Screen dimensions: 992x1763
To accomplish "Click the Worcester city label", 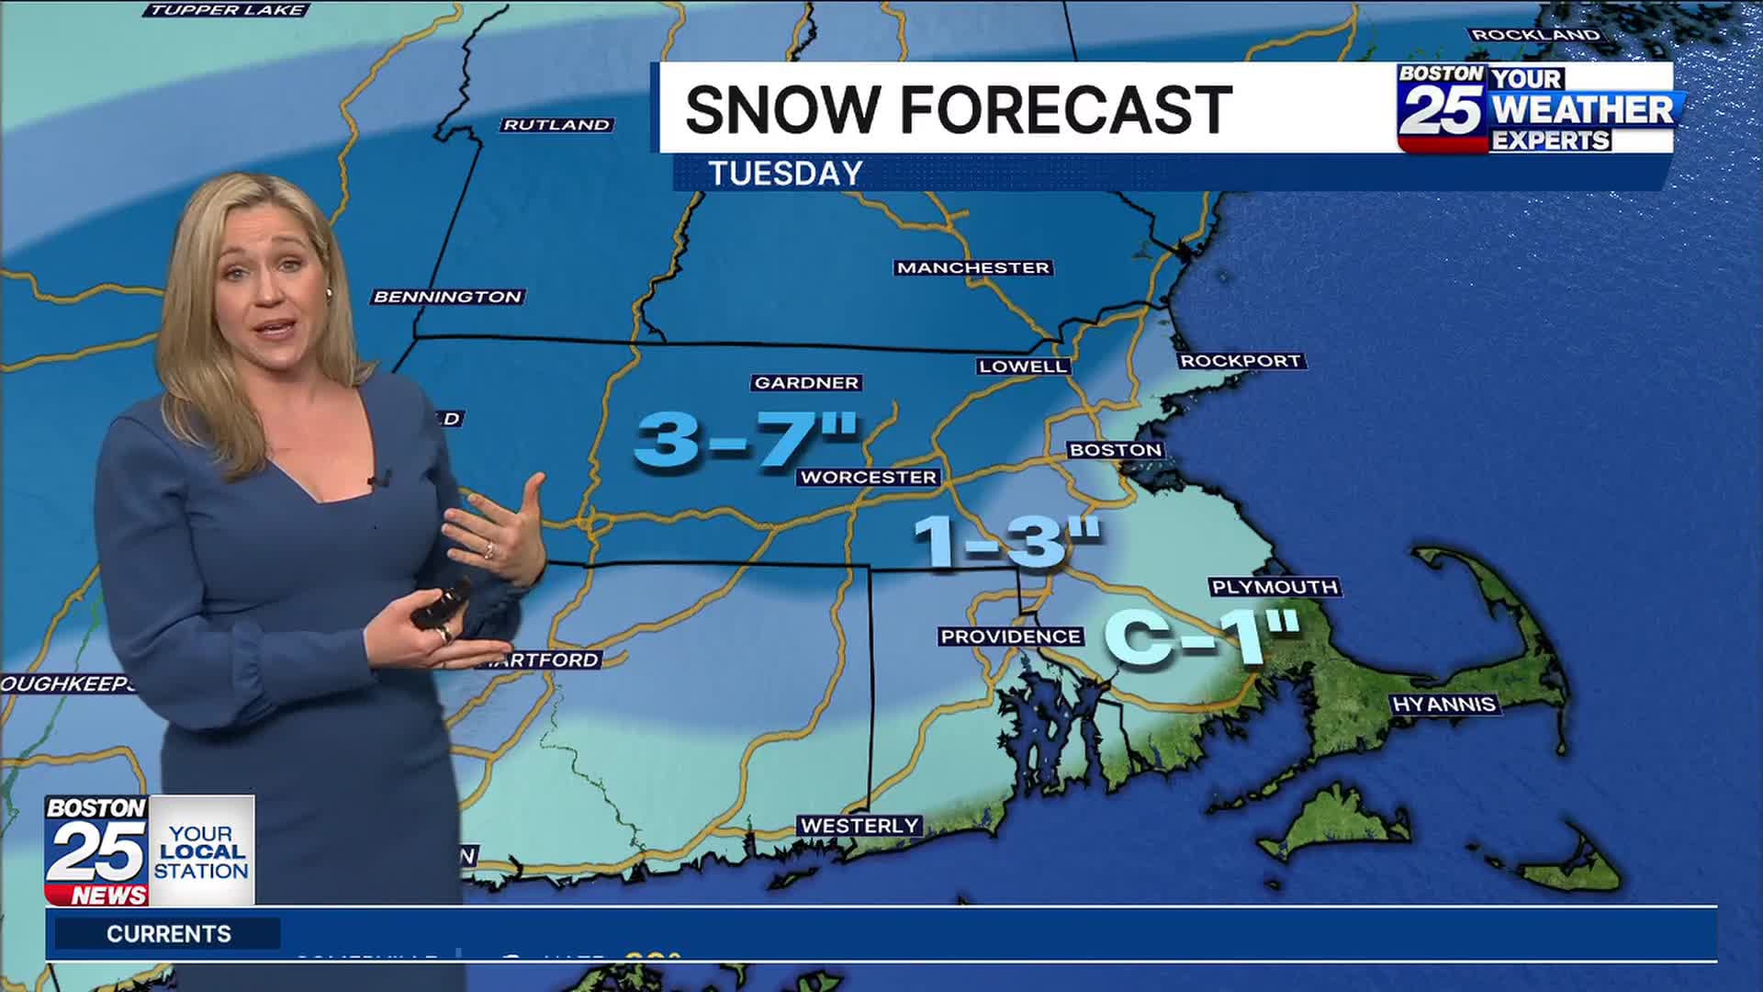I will pyautogui.click(x=868, y=477).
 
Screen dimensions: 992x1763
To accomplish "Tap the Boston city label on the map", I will pyautogui.click(x=1116, y=449).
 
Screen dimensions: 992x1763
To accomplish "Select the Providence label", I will pyautogui.click(x=1010, y=637).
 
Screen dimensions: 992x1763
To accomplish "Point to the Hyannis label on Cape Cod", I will pyautogui.click(x=1444, y=705).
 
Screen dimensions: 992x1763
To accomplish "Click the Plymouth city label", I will pyautogui.click(x=1275, y=587).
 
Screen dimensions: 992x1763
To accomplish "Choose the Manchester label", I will pyautogui.click(x=972, y=267).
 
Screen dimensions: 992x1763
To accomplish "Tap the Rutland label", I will pyautogui.click(x=556, y=125).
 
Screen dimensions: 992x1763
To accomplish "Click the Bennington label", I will pyautogui.click(x=447, y=297).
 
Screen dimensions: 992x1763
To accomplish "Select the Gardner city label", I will pyautogui.click(x=806, y=383).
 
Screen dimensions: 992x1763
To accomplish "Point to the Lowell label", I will pyautogui.click(x=1022, y=366).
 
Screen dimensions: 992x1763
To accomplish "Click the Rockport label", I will pyautogui.click(x=1241, y=361).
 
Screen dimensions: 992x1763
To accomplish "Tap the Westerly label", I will pyautogui.click(x=859, y=826).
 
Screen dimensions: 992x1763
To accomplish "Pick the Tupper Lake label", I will pyautogui.click(x=227, y=10).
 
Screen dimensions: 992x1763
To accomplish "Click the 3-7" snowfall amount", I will pyautogui.click(x=746, y=439).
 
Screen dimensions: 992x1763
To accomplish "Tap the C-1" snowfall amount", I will pyautogui.click(x=1201, y=637).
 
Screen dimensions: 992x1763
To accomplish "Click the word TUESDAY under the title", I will pyautogui.click(x=785, y=174).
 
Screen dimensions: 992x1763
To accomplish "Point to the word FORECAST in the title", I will pyautogui.click(x=1066, y=109).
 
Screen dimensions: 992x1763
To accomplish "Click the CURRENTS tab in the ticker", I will pyautogui.click(x=168, y=934).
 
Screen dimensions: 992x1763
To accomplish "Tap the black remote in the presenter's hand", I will pyautogui.click(x=439, y=604).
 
